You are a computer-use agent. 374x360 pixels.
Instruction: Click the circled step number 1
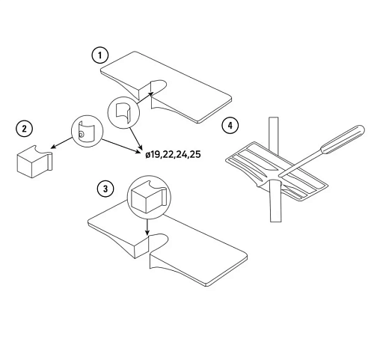pos(100,55)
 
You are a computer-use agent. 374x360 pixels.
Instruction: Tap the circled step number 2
pos(24,129)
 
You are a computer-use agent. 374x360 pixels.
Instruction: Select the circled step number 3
pos(105,189)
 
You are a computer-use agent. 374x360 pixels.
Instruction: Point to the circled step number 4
pos(230,125)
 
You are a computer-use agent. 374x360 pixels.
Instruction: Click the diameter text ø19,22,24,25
pos(173,154)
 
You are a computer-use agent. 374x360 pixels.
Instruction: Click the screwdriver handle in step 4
pos(343,139)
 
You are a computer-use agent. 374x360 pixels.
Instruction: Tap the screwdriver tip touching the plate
pos(279,175)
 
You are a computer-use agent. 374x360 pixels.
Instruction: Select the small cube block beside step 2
pos(34,161)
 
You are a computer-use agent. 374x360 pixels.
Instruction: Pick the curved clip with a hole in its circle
pos(86,131)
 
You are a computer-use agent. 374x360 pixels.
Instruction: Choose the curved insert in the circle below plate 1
pos(123,112)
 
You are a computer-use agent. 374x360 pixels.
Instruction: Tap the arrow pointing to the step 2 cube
pos(61,143)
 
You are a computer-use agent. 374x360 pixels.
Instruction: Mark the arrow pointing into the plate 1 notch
pos(144,97)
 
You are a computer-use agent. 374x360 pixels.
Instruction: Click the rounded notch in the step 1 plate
pos(159,87)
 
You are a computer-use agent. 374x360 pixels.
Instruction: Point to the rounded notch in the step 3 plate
pos(158,242)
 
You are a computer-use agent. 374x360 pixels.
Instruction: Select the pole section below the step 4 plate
pos(275,202)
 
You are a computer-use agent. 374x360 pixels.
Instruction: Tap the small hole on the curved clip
pos(81,135)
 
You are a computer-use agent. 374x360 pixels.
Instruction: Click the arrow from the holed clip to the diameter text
pos(121,146)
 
